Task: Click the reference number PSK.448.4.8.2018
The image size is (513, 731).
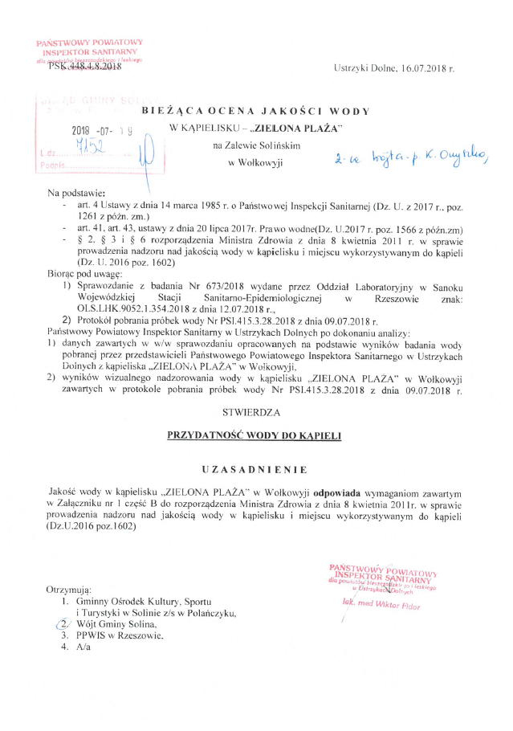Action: (84, 67)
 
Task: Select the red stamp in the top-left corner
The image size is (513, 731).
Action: (89, 50)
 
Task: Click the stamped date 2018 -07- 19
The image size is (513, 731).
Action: (101, 130)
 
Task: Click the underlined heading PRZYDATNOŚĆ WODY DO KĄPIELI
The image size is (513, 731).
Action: (254, 435)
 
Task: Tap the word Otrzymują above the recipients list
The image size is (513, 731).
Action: (70, 589)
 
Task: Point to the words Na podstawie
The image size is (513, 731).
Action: (77, 194)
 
